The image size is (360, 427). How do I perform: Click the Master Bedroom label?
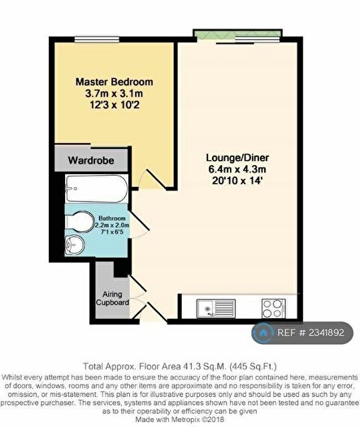[x=115, y=81]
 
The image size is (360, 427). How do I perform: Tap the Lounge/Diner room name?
[x=237, y=158]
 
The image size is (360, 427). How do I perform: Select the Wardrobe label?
[x=91, y=160]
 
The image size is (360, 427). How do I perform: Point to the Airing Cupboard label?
[x=112, y=298]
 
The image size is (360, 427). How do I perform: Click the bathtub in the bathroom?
[x=97, y=189]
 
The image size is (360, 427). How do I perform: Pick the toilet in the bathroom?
[x=80, y=222]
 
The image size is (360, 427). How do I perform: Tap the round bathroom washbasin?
[x=75, y=244]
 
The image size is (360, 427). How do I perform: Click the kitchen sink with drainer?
[x=216, y=308]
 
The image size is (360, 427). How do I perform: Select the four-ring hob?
[x=274, y=308]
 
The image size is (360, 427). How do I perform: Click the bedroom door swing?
[x=153, y=179]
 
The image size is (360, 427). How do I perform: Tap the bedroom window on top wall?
[x=97, y=40]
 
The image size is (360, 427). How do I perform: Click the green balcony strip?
[x=236, y=33]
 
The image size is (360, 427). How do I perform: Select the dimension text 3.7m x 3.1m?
[x=114, y=94]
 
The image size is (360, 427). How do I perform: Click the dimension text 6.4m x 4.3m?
[x=237, y=169]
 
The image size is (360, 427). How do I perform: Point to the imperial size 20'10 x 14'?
[x=237, y=181]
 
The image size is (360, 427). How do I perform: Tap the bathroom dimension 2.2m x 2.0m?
[x=112, y=225]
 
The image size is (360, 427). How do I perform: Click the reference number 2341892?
[x=327, y=333]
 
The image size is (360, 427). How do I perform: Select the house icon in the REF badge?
[x=262, y=333]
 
